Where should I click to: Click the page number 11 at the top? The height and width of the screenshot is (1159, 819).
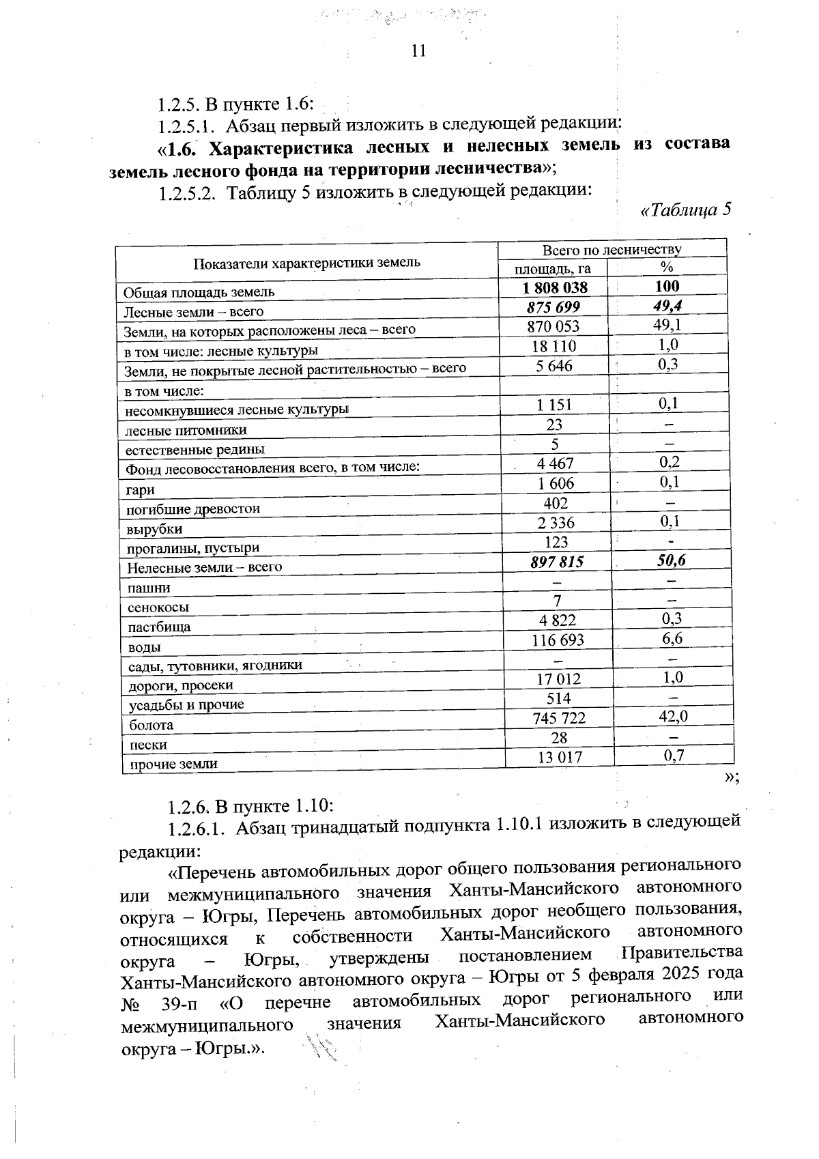coord(418,51)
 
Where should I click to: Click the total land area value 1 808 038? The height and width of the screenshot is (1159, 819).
coord(554,287)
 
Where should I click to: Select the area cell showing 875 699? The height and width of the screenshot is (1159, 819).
coord(554,307)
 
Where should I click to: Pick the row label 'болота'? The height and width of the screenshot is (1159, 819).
coord(151,725)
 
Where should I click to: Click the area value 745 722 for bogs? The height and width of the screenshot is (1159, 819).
coord(557,718)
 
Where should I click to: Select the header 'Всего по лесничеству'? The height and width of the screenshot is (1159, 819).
coord(612,250)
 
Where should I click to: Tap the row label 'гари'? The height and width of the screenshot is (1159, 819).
coord(140,489)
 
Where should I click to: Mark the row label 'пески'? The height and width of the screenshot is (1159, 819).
coord(148,745)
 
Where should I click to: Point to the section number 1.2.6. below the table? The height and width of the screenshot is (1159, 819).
coord(189,806)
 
